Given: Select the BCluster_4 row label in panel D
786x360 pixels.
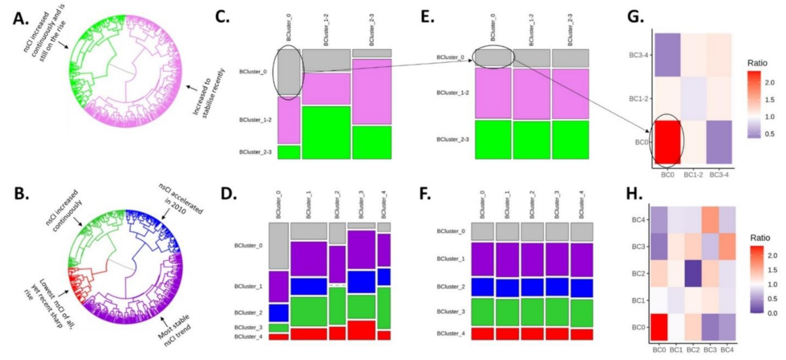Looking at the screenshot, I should (x=254, y=336).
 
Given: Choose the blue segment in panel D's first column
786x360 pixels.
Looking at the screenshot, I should (x=279, y=313).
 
